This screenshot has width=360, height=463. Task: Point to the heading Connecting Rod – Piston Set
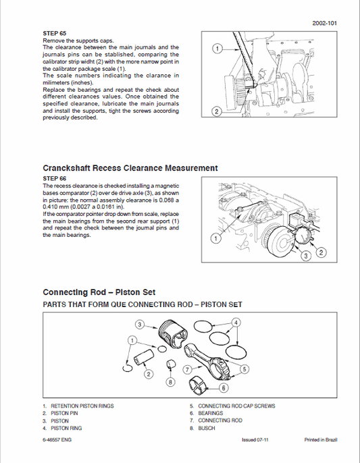click(x=99, y=292)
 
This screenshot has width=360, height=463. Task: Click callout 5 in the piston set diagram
click(x=244, y=369)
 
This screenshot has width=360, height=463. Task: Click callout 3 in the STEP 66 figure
click(x=306, y=256)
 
